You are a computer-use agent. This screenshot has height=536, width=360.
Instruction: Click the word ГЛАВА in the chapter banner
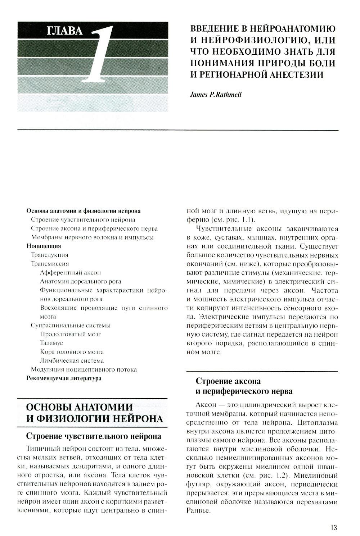pos(65,31)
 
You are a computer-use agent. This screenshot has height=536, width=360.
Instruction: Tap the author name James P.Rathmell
pos(215,94)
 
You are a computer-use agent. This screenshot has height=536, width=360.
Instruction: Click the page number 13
pos(333,527)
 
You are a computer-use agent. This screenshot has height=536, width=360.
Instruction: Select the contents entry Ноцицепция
pos(44,246)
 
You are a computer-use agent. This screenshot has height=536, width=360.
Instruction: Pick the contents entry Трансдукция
pos(50,255)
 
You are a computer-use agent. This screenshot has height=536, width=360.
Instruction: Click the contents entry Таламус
pos(51,343)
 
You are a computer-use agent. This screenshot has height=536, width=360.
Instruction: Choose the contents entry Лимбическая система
pos(72,360)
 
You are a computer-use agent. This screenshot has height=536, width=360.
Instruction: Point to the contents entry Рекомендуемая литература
pos(64,378)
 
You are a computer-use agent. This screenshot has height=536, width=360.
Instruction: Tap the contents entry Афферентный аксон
pos(71,272)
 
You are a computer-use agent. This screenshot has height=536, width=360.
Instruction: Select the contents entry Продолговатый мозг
pos(71,334)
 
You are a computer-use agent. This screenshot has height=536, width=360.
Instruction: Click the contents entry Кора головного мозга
pos(72,352)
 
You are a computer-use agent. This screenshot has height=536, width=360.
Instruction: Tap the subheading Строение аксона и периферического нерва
pos(244,386)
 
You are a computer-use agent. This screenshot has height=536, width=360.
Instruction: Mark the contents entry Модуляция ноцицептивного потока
pos(84,369)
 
